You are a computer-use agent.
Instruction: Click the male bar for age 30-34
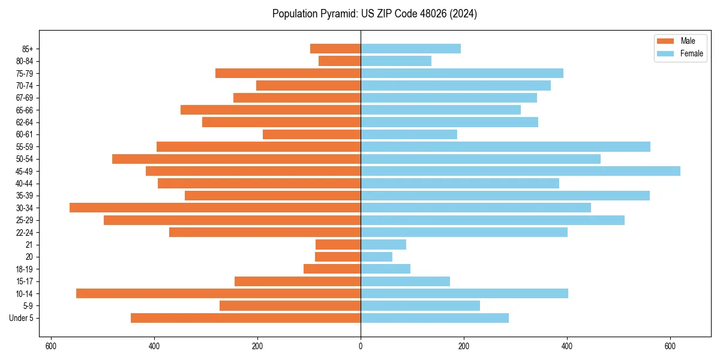[215, 208]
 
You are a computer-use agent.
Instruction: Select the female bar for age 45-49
[520, 171]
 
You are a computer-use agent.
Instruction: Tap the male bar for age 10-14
[218, 293]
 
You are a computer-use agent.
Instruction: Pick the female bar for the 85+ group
[410, 49]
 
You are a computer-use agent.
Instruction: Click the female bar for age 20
[376, 257]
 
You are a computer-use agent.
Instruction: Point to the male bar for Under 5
[245, 318]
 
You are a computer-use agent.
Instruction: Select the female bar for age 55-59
[505, 146]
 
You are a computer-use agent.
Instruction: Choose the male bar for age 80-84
[340, 61]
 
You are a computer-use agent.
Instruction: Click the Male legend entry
[680, 41]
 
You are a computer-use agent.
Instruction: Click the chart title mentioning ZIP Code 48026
[374, 14]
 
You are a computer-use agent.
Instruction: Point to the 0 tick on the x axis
[361, 346]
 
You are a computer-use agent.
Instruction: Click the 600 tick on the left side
[51, 346]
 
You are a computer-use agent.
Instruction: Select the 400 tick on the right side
[567, 346]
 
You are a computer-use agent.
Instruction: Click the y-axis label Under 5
[22, 318]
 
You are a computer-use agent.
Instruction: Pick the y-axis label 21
[29, 245]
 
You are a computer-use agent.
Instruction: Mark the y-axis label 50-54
[25, 159]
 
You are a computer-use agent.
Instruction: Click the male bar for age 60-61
[311, 134]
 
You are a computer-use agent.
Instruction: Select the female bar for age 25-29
[493, 220]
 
